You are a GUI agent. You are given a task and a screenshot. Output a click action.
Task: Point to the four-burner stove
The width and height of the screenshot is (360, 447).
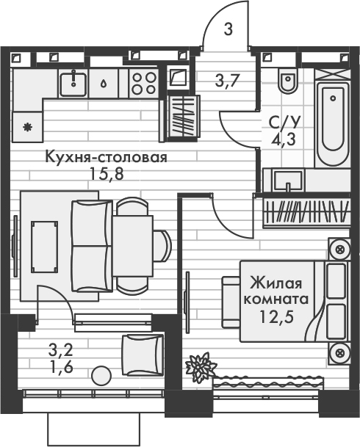click(x=143, y=81)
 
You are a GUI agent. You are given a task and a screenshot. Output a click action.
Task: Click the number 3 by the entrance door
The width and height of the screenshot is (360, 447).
click(x=228, y=30)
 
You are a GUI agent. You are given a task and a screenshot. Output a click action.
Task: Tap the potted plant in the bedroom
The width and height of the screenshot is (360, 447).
click(x=200, y=365)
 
